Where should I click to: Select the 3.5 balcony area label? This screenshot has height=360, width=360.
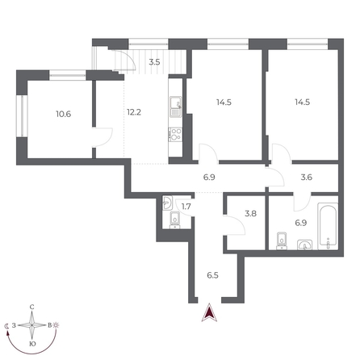[x=155, y=61]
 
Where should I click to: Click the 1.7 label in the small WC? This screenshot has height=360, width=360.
[x=186, y=207]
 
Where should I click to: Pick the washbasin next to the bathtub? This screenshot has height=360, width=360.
[x=304, y=245]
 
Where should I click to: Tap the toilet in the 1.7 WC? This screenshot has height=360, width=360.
[x=174, y=219]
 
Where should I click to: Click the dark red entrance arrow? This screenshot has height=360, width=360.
[x=210, y=314]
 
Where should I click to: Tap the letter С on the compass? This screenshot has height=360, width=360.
[x=31, y=307]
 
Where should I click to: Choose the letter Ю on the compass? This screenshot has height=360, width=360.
[x=31, y=344]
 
